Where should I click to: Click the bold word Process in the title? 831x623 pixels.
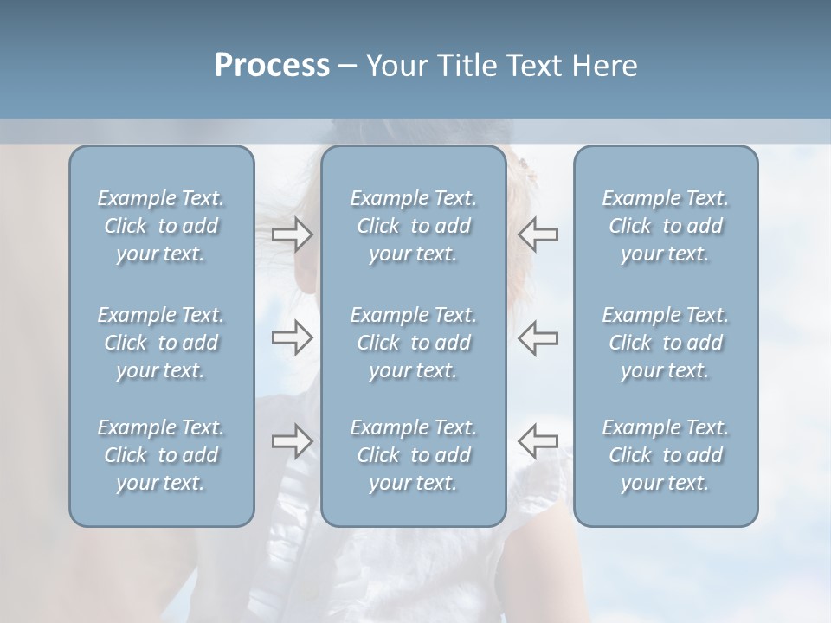(272, 66)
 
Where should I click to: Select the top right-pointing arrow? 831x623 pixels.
(293, 234)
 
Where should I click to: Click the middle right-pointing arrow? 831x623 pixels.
(293, 337)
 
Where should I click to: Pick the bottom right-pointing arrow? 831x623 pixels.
(293, 440)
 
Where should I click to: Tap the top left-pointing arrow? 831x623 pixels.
(538, 234)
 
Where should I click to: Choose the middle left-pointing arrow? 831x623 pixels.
(538, 337)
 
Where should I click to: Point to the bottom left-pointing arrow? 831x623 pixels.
(538, 440)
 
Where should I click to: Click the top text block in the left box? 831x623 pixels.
(161, 226)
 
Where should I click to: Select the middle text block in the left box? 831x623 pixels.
(161, 343)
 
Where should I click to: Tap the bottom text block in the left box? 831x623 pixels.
(161, 455)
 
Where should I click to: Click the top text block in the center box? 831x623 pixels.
(414, 226)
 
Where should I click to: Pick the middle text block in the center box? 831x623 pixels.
(414, 343)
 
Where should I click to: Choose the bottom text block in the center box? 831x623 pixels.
(414, 455)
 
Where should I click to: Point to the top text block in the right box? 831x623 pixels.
(666, 226)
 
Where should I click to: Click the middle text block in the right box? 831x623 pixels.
(666, 343)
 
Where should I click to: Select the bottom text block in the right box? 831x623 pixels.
(666, 455)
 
